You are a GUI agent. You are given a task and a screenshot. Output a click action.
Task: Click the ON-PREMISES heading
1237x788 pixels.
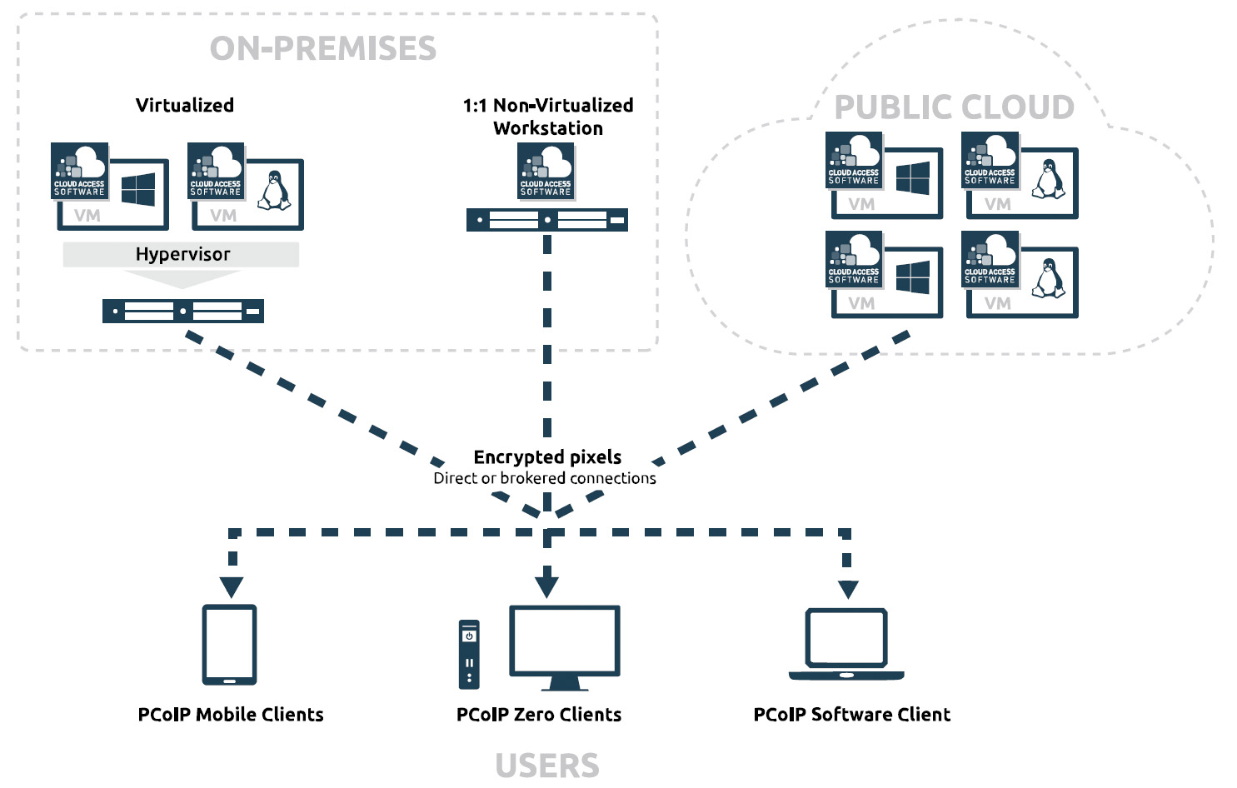pyautogui.click(x=323, y=48)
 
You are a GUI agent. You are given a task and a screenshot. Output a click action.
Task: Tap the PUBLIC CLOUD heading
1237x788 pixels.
pyautogui.click(x=955, y=107)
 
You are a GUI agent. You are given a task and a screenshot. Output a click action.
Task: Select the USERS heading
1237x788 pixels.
pyautogui.click(x=547, y=766)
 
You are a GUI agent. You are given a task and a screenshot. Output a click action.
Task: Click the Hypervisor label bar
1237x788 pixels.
pyautogui.click(x=182, y=254)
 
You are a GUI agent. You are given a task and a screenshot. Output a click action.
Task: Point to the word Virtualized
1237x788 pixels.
pyautogui.click(x=185, y=105)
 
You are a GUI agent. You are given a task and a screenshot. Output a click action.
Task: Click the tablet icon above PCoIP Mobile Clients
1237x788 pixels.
pyautogui.click(x=230, y=645)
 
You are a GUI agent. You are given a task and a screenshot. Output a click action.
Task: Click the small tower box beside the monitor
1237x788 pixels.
pyautogui.click(x=470, y=654)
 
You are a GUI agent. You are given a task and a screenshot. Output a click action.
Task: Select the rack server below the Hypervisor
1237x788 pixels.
pyautogui.click(x=183, y=312)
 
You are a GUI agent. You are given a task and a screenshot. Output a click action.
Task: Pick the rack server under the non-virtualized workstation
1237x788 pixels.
pyautogui.click(x=547, y=220)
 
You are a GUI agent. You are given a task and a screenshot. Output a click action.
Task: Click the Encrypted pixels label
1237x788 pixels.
pyautogui.click(x=547, y=456)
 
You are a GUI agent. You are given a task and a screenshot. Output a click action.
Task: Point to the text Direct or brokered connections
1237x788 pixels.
pyautogui.click(x=545, y=478)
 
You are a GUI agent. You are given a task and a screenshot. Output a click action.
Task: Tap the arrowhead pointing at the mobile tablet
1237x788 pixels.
pyautogui.click(x=232, y=587)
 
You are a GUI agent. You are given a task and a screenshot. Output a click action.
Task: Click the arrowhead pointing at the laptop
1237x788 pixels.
pyautogui.click(x=848, y=589)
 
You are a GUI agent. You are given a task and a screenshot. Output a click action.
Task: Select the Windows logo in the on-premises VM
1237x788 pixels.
pyautogui.click(x=138, y=190)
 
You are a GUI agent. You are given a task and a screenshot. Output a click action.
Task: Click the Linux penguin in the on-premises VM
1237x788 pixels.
pyautogui.click(x=273, y=191)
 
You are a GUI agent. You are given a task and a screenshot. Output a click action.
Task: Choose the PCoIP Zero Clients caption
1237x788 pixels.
pyautogui.click(x=539, y=714)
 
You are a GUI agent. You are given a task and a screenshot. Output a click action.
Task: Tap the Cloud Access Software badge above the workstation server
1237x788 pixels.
pyautogui.click(x=546, y=171)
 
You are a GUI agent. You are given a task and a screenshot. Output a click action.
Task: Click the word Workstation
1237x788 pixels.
pyautogui.click(x=548, y=128)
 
